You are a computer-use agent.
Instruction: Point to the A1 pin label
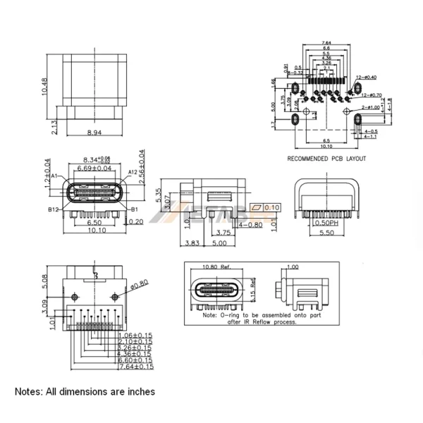pyautogui.click(x=55, y=176)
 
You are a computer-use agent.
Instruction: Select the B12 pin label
pyautogui.click(x=53, y=209)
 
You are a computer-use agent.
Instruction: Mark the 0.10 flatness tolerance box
pyautogui.click(x=273, y=207)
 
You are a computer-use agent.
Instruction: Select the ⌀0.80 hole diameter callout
pyautogui.click(x=140, y=283)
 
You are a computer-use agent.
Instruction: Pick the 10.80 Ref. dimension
pyautogui.click(x=217, y=267)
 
